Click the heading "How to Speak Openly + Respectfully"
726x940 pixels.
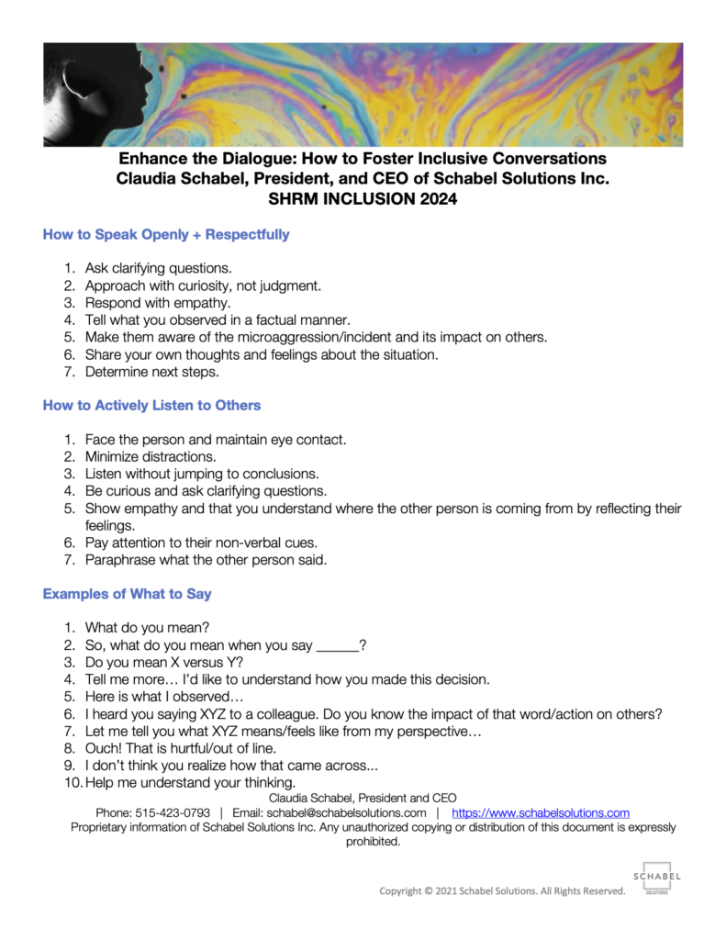166,234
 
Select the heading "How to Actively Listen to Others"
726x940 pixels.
151,405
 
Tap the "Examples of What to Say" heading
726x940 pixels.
128,593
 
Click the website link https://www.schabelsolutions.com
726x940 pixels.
541,812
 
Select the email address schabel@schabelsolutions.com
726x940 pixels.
348,812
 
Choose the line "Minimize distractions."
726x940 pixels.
151,456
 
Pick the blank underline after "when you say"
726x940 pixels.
337,645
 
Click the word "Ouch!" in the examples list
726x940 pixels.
105,748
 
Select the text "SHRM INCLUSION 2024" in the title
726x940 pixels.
363,196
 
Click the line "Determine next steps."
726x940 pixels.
151,372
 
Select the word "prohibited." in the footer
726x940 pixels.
374,841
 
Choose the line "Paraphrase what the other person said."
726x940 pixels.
206,559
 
